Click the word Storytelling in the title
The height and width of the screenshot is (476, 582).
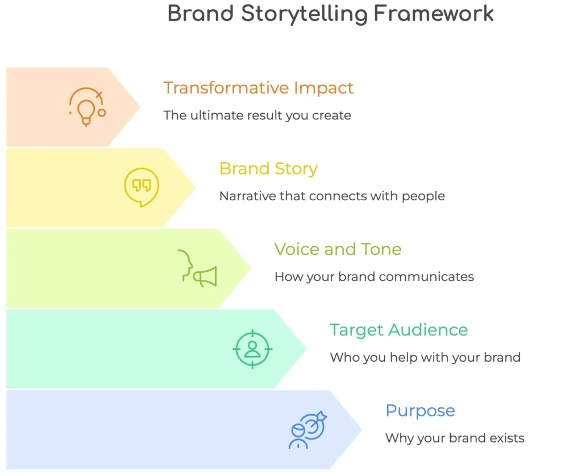(x=305, y=14)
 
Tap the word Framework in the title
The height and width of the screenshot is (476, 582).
(x=434, y=14)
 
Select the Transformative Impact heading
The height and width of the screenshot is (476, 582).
(x=259, y=88)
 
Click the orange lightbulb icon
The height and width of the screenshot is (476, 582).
(x=87, y=107)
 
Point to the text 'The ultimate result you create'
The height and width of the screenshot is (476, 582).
(x=257, y=115)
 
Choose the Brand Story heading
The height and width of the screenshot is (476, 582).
(x=268, y=168)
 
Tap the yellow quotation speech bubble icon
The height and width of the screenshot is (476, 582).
(x=142, y=187)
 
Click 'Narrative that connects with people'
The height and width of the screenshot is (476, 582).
(x=332, y=196)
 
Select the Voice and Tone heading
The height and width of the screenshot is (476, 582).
(x=338, y=249)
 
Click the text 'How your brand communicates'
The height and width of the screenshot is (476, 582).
(x=374, y=276)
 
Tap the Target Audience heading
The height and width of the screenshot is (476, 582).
(x=398, y=330)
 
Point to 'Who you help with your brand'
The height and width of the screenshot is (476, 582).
(x=425, y=357)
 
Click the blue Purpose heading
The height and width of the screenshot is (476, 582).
(x=420, y=411)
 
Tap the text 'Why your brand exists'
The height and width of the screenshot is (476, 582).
(x=455, y=438)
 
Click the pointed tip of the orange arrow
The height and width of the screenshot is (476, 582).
(x=140, y=107)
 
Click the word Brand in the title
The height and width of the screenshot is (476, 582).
(x=201, y=14)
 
